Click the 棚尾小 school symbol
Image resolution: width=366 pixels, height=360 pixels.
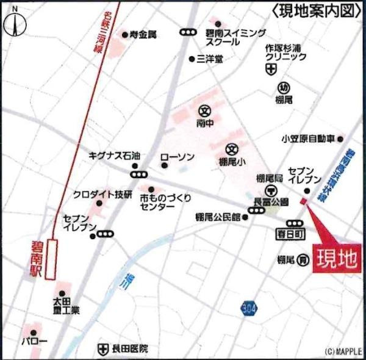(x=232, y=149)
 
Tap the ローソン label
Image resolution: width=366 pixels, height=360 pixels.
(x=178, y=157)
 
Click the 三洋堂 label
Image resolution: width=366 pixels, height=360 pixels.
(x=210, y=59)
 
